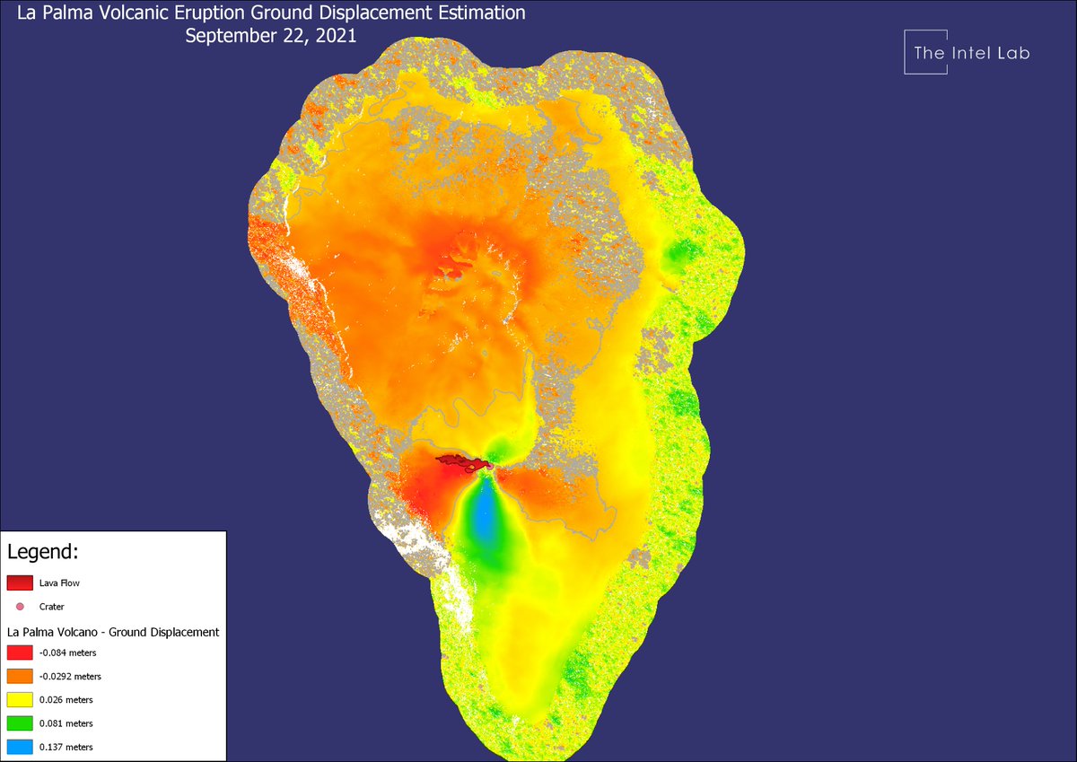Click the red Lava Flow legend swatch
coord(20,582)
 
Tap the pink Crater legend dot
coord(20,607)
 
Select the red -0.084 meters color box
coord(20,653)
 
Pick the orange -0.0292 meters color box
coord(20,676)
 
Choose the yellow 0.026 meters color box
coord(20,699)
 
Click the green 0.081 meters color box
coord(20,723)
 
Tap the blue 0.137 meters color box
coord(20,746)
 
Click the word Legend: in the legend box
coord(42,550)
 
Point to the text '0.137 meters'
coord(66,747)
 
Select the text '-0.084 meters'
coord(67,653)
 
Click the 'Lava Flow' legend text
coord(59,583)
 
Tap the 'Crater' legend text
coord(51,607)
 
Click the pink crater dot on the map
coord(490,467)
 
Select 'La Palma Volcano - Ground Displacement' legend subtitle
coord(113,632)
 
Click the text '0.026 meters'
coord(66,700)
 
